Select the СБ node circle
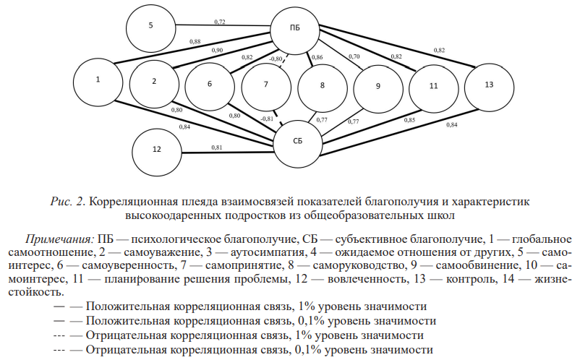coord(297,141)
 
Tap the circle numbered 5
coord(151,26)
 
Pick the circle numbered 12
coord(157,150)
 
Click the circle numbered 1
coord(98,80)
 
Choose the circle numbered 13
coord(489,85)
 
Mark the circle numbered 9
coord(378,86)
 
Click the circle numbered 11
coord(432,86)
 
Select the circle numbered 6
coord(210,84)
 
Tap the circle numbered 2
coord(154,81)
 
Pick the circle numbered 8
coord(322,85)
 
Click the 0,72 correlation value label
coord(220,22)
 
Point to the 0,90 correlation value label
coord(218,50)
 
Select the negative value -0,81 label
coord(267,119)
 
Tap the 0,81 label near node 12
coord(217,147)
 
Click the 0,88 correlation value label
coord(195,42)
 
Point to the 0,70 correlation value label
coord(354,56)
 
